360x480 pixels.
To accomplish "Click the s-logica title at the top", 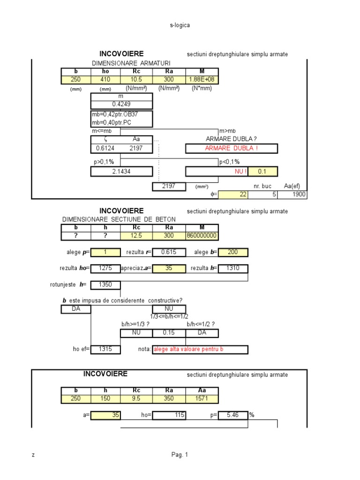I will tap(180, 25).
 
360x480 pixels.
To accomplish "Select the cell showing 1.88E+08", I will tap(202, 80).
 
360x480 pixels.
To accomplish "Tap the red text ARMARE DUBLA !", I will tap(232, 149).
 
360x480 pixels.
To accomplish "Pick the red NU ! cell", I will tap(241, 172).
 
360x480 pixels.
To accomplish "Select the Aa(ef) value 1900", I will tap(292, 195).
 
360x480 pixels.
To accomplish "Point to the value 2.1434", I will tap(121, 172).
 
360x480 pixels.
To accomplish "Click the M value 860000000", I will tap(202, 235).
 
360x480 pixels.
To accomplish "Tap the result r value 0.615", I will tap(168, 252).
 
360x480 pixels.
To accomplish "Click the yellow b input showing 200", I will tap(233, 252).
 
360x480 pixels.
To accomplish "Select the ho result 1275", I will tap(105, 269).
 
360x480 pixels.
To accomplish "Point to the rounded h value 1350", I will tap(105, 285).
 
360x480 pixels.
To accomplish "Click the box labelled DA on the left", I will tap(76, 309).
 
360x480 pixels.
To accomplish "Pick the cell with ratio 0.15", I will tap(169, 333).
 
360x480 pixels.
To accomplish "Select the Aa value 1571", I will tap(202, 398).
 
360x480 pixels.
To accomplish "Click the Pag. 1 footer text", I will tap(180, 454).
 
